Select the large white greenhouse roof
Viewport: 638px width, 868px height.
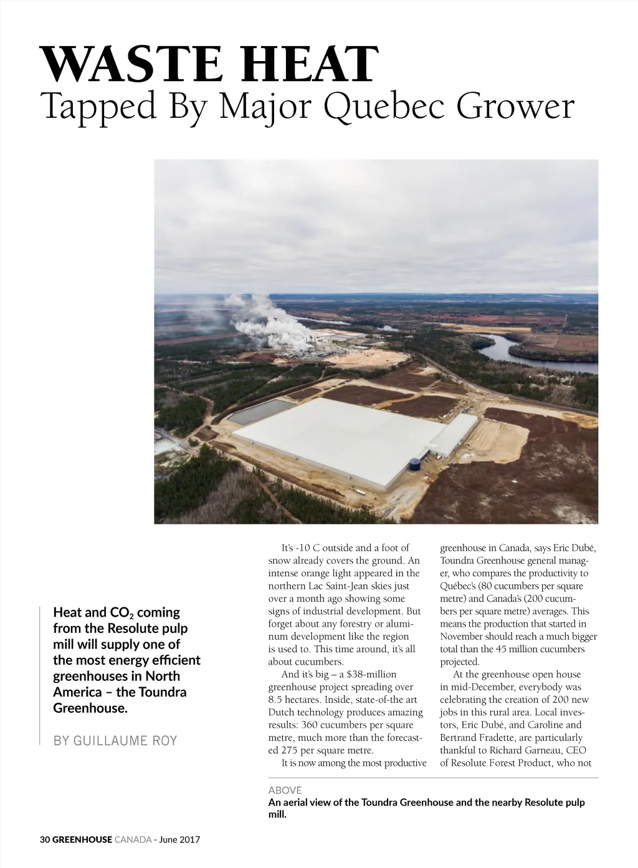pyautogui.click(x=340, y=436)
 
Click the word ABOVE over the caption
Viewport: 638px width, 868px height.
pyautogui.click(x=285, y=790)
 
